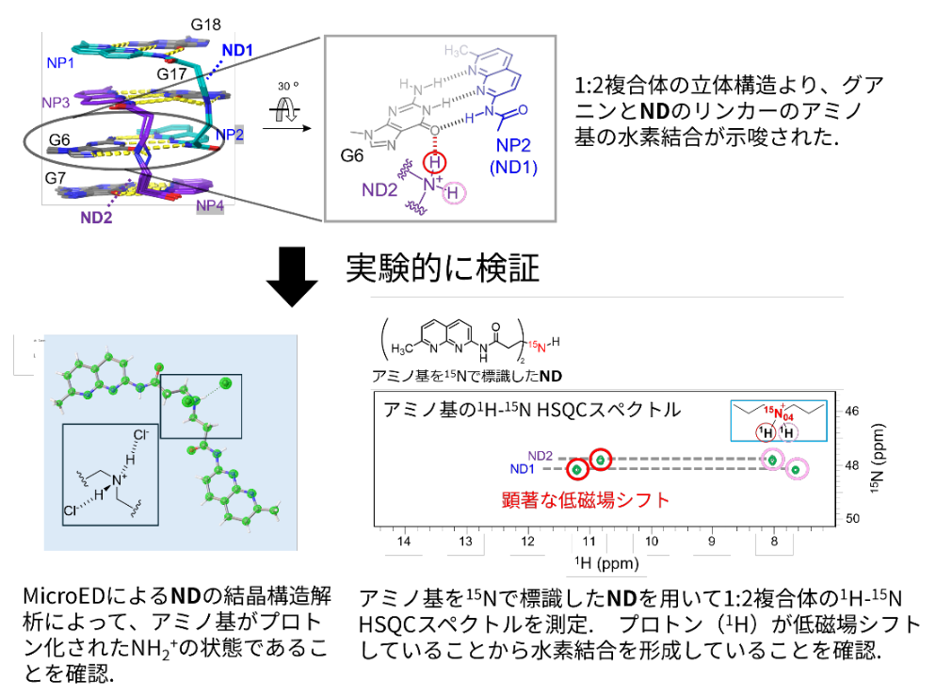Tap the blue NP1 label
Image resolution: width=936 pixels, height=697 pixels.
click(63, 62)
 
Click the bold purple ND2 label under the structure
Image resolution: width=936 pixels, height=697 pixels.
click(98, 222)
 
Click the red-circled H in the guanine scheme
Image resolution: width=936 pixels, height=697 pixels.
click(433, 162)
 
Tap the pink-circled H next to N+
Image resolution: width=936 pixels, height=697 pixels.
click(454, 194)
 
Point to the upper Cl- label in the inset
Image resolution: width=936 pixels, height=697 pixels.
click(141, 435)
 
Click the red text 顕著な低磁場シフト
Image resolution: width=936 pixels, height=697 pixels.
click(586, 499)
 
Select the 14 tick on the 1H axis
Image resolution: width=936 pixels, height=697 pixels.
click(404, 542)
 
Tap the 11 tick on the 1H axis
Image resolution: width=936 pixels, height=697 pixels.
click(589, 542)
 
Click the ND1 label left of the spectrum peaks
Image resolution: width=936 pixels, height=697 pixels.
click(525, 469)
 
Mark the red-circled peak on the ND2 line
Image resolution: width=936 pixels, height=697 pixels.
click(601, 459)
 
